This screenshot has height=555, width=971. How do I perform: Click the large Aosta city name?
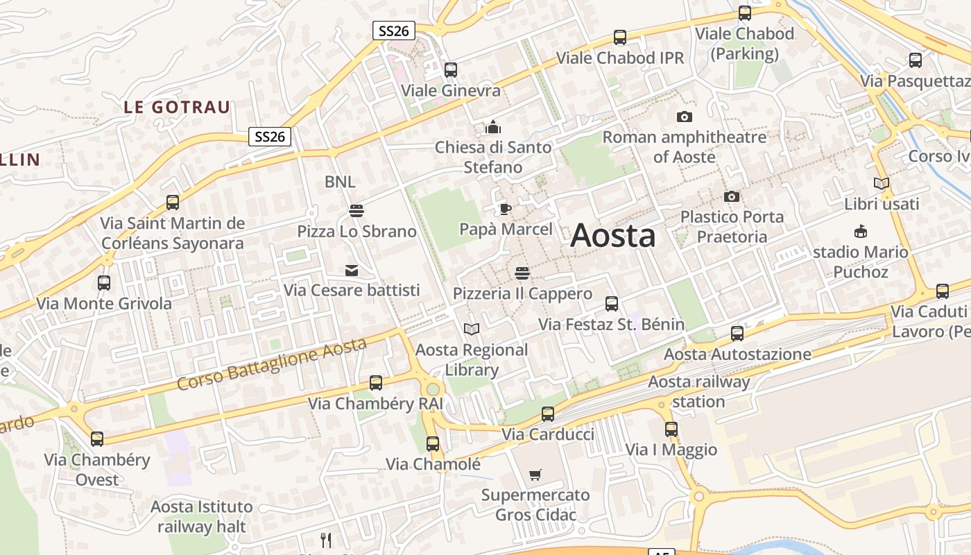click(612, 235)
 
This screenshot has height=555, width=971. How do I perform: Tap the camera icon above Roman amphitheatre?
click(685, 117)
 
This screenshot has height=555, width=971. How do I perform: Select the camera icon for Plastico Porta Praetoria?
click(732, 197)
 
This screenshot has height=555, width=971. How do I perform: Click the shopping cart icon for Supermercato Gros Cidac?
click(535, 475)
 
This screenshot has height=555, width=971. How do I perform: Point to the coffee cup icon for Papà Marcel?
click(506, 209)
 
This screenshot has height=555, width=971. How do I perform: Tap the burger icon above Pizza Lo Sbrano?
click(356, 210)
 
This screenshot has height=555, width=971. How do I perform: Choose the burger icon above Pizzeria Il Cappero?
click(522, 273)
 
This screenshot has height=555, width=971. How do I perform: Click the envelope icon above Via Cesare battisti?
click(352, 270)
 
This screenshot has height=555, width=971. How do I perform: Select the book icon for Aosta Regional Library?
click(472, 329)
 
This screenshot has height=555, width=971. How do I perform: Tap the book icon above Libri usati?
click(882, 184)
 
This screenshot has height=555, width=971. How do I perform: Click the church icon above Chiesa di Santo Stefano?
click(493, 127)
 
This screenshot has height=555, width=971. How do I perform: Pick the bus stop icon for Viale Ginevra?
click(451, 70)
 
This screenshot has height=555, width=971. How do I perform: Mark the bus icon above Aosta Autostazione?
click(737, 334)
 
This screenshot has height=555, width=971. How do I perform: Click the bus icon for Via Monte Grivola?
click(104, 283)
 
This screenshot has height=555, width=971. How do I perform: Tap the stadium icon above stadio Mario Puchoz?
click(861, 232)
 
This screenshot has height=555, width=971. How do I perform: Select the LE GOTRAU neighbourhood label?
click(177, 108)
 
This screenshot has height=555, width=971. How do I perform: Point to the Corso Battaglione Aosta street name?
click(271, 364)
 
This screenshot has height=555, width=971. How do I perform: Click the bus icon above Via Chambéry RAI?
click(376, 382)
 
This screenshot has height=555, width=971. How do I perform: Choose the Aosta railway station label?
click(698, 391)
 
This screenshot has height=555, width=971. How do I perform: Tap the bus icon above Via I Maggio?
click(671, 429)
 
